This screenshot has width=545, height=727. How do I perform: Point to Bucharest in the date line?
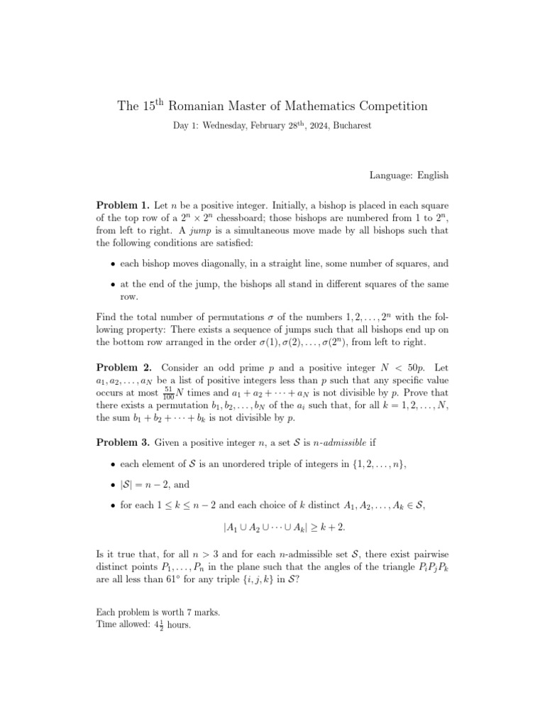(x=348, y=125)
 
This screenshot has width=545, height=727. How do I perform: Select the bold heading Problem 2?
(x=123, y=367)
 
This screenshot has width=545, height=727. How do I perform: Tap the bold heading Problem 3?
(x=123, y=443)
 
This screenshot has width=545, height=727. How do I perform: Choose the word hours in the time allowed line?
(x=175, y=625)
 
